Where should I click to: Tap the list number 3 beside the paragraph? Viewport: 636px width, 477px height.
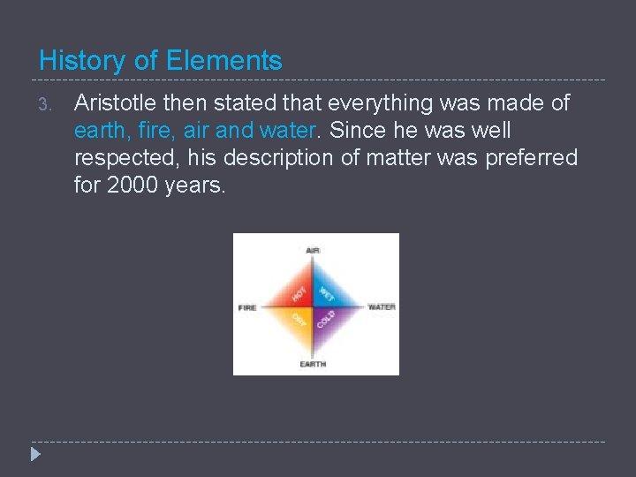[x=46, y=104]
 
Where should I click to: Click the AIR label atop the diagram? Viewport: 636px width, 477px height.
[x=313, y=250]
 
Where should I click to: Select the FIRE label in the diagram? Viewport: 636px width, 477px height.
[x=247, y=307]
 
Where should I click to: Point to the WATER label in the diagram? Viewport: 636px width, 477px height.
[x=382, y=307]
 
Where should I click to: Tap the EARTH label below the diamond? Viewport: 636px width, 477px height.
[x=313, y=364]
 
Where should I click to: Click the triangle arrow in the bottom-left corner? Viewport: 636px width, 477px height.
[x=34, y=456]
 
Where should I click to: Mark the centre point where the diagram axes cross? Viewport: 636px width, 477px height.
[x=313, y=307]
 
